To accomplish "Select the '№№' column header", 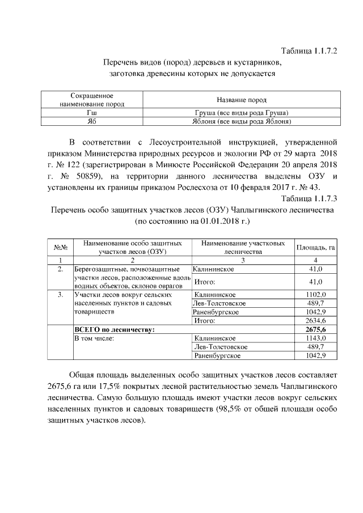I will tap(61, 247).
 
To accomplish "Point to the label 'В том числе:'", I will tap(95, 338).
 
